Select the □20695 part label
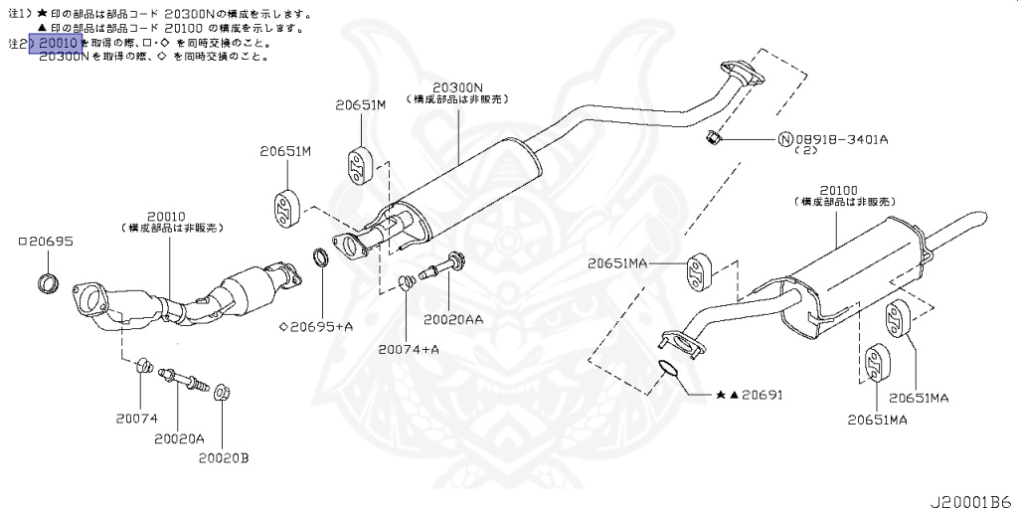click(46, 242)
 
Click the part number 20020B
click(223, 457)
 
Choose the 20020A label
click(179, 437)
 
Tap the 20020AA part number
click(453, 320)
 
